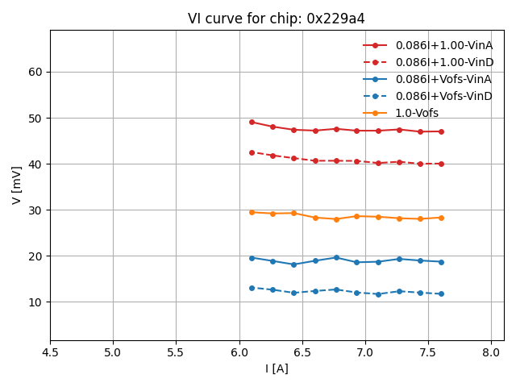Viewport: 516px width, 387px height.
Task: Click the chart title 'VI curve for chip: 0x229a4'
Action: (x=277, y=19)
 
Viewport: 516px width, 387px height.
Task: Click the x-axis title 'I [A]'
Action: (x=277, y=368)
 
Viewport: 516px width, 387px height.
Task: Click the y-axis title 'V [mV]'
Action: (x=17, y=185)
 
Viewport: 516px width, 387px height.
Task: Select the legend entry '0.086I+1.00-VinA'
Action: (x=443, y=45)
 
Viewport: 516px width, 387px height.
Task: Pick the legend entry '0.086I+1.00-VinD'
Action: (x=444, y=62)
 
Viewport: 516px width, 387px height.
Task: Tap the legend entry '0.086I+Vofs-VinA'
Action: (x=443, y=79)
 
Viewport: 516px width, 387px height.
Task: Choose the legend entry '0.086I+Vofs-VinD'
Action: (x=443, y=96)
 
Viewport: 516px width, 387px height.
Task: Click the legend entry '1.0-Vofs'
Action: (x=417, y=113)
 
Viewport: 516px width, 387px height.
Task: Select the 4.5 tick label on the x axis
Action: (x=50, y=352)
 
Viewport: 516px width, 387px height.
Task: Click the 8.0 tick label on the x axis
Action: (x=491, y=352)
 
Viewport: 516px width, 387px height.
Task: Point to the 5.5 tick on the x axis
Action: (x=176, y=352)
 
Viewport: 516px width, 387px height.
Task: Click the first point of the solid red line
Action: (x=252, y=122)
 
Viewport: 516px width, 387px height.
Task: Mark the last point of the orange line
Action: (x=441, y=218)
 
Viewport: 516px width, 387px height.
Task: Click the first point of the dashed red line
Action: (x=252, y=152)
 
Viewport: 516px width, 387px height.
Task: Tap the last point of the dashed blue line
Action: (x=441, y=293)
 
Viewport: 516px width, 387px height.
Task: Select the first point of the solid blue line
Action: (x=252, y=258)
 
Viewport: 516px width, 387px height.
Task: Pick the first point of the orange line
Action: (x=252, y=212)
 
